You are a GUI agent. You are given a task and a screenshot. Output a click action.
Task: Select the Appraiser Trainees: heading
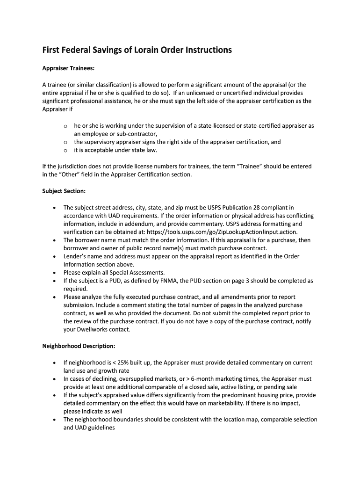[68, 68]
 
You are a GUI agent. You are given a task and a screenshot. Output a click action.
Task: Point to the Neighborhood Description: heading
[79, 346]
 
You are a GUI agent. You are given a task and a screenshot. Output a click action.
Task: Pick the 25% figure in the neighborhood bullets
[125, 363]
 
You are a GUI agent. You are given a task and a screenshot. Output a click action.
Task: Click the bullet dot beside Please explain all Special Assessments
[56, 273]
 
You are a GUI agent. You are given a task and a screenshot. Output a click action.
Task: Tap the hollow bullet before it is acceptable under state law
[65, 150]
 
